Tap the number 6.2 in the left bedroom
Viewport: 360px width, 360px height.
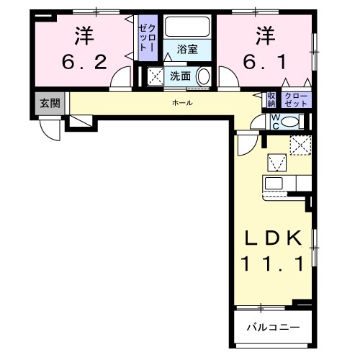click(84, 62)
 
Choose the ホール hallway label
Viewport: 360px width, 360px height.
click(181, 103)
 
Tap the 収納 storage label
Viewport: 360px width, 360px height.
click(271, 99)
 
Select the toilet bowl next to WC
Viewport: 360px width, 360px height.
click(291, 122)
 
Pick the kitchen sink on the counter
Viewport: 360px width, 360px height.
click(274, 182)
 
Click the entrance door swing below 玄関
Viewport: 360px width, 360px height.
click(53, 130)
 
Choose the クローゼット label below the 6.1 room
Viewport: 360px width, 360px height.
click(296, 99)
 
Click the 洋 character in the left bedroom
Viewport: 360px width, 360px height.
click(84, 36)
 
